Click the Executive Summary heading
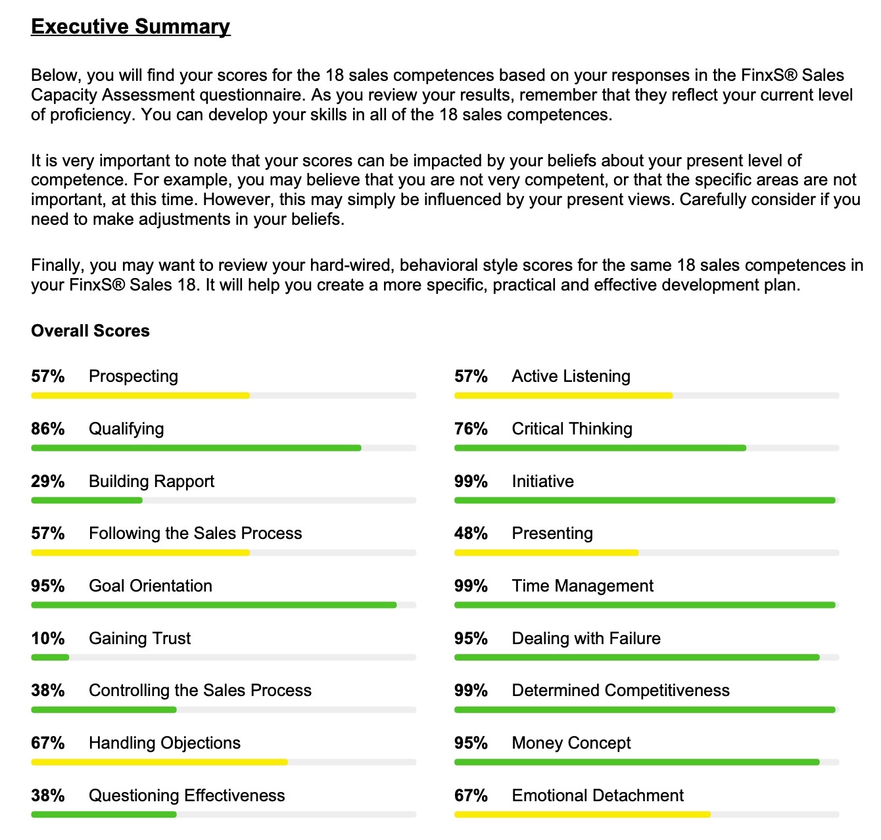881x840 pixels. coord(130,26)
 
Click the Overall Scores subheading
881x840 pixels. coord(90,331)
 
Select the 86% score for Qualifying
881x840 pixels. coord(48,429)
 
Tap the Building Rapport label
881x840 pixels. coord(151,481)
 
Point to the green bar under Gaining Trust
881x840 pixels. coord(50,657)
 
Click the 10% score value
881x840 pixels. coord(48,638)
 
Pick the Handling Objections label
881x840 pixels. coord(164,743)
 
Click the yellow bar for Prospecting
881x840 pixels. coord(140,396)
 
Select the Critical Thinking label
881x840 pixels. coord(571,429)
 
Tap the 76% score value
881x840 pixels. coord(471,429)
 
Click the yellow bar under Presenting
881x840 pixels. coord(546,553)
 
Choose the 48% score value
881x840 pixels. coord(471,534)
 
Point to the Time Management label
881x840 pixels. coord(582,586)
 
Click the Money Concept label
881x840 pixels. coord(571,743)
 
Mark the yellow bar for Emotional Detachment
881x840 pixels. coord(582,814)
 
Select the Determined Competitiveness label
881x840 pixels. coord(620,690)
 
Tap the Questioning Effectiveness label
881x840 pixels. coord(187,795)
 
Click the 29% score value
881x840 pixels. coord(48,481)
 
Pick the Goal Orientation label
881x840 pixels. coord(151,586)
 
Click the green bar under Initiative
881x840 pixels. coord(644,500)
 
